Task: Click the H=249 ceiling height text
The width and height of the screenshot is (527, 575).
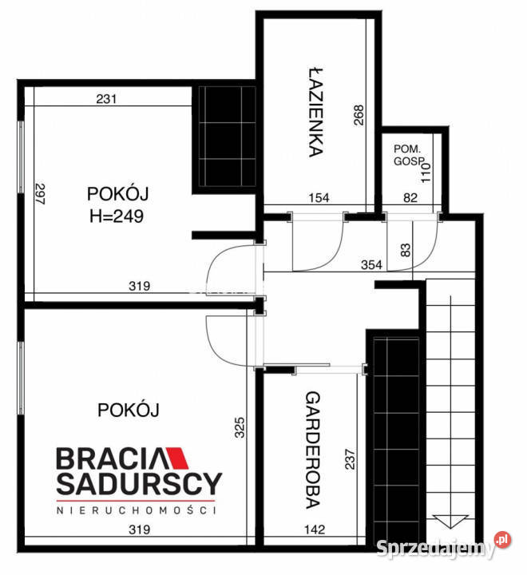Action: [x=117, y=216]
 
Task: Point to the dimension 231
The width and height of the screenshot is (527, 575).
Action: [x=106, y=100]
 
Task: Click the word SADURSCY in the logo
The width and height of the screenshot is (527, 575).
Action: [x=137, y=482]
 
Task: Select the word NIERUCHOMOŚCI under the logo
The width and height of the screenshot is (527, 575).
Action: [x=137, y=509]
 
